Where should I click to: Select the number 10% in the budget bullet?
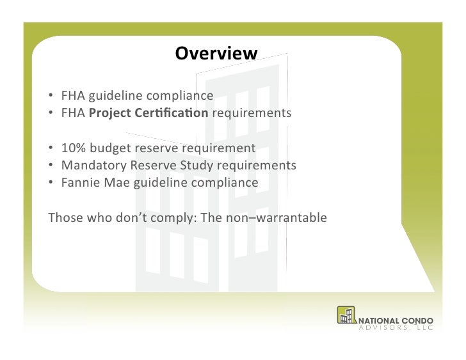72,148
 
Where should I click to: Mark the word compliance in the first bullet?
181,97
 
